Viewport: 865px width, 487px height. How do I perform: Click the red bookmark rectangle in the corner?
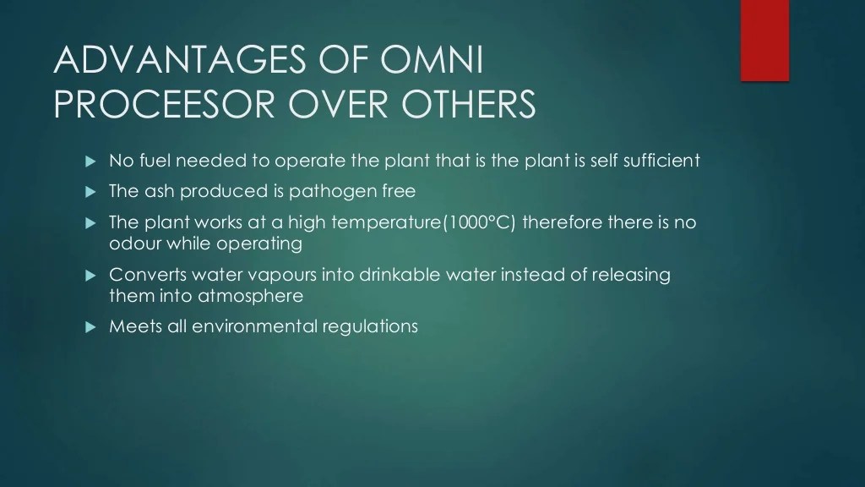click(764, 40)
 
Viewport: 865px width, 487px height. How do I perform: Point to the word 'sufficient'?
click(661, 161)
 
